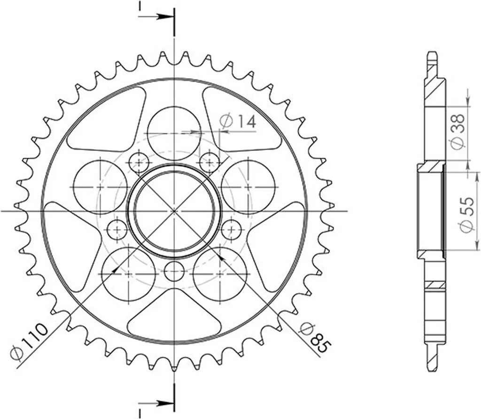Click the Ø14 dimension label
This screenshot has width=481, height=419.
(238, 122)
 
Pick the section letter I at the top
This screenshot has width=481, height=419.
(140, 6)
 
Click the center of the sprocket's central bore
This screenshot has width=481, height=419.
(174, 211)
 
